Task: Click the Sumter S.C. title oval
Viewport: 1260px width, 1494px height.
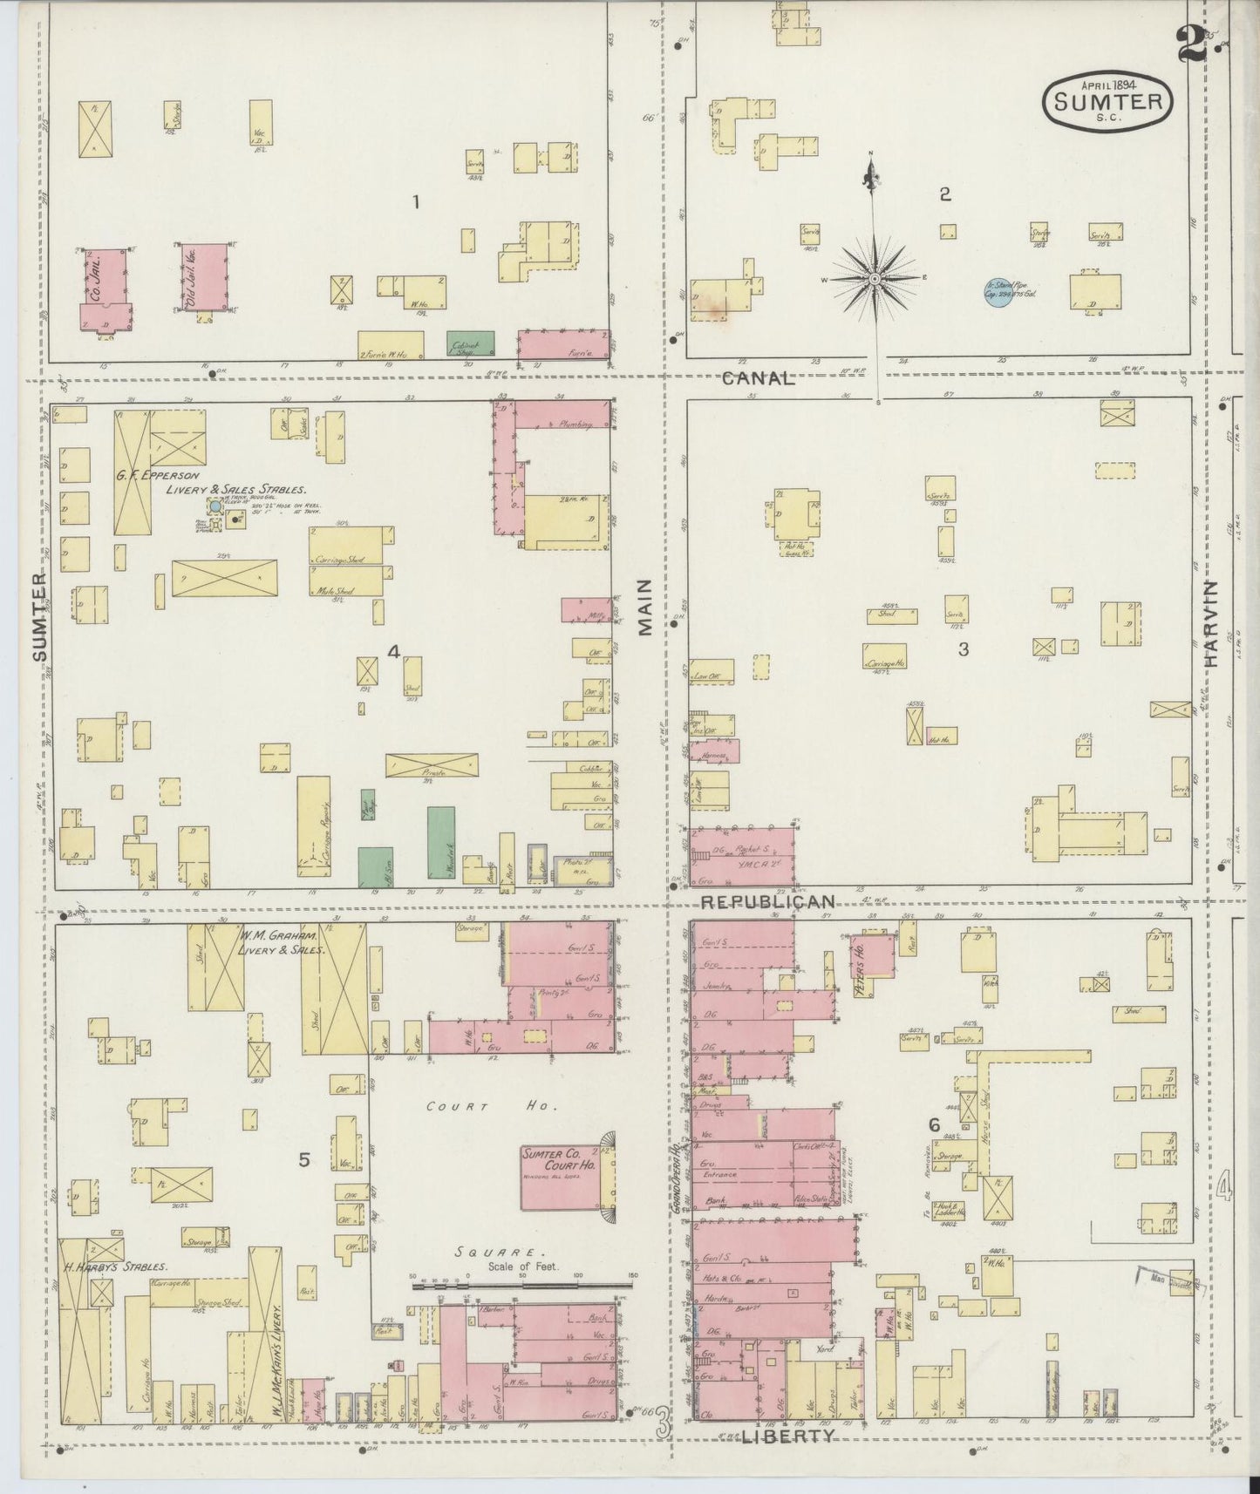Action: [x=1107, y=101]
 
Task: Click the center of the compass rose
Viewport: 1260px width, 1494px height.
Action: [x=874, y=278]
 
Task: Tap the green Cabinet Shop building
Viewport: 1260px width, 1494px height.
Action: [x=471, y=343]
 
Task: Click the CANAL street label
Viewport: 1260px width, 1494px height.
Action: [x=758, y=378]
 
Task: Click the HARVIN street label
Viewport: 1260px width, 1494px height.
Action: [x=1212, y=623]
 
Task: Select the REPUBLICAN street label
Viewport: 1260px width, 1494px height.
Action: [x=769, y=901]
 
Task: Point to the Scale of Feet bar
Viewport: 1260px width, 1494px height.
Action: [x=521, y=1283]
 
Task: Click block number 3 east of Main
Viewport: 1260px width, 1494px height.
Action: [x=964, y=649]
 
